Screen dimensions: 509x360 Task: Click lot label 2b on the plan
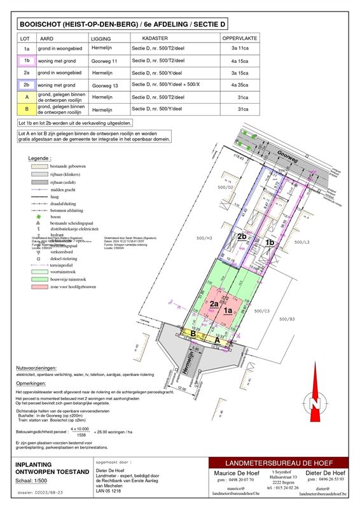click(242, 237)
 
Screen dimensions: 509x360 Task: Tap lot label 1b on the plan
click(269, 242)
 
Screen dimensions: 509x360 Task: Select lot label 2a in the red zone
click(214, 303)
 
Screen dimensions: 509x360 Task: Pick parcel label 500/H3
click(205, 238)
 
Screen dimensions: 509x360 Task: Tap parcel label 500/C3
click(263, 310)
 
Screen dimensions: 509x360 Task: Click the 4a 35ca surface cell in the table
click(239, 85)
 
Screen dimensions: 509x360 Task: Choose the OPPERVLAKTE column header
click(239, 39)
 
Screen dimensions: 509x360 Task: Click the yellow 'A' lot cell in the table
click(27, 97)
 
